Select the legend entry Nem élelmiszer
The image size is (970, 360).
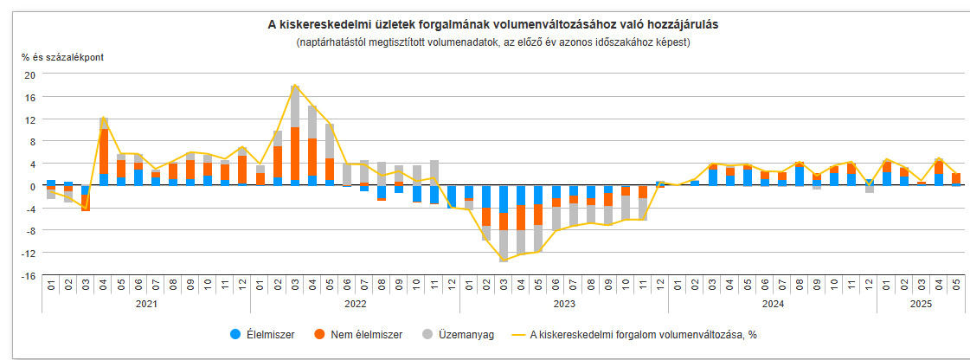coord(358,335)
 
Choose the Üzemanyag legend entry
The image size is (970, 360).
coord(459,335)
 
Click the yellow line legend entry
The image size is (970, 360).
coord(635,335)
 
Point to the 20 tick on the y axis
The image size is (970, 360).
coord(29,74)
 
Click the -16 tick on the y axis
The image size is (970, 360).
coord(28,275)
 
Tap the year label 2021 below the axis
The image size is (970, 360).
coord(146,304)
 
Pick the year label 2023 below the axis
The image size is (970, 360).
coord(564,304)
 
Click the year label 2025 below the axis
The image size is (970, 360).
coord(922,304)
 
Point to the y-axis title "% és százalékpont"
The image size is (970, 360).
coord(62,57)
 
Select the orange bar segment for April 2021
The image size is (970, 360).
coord(103,151)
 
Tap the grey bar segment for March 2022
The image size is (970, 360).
coord(295,106)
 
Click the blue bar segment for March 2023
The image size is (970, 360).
coord(504,199)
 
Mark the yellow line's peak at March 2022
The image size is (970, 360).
coord(295,85)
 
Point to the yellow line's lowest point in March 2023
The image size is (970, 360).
coord(504,260)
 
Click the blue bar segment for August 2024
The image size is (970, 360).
coord(800,176)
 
